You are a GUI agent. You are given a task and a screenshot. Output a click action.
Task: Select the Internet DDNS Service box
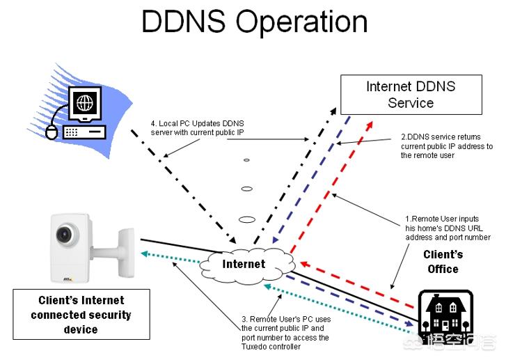click(410, 95)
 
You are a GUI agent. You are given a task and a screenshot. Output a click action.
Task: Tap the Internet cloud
click(244, 264)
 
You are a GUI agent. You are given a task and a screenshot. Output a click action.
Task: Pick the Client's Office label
click(443, 262)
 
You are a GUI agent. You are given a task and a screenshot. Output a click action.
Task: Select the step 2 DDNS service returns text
click(446, 146)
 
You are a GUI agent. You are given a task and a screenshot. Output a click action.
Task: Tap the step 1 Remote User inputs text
click(448, 228)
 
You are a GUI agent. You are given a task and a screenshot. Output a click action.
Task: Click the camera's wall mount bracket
click(122, 246)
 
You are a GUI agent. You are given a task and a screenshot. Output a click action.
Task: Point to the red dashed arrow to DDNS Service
click(327, 188)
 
